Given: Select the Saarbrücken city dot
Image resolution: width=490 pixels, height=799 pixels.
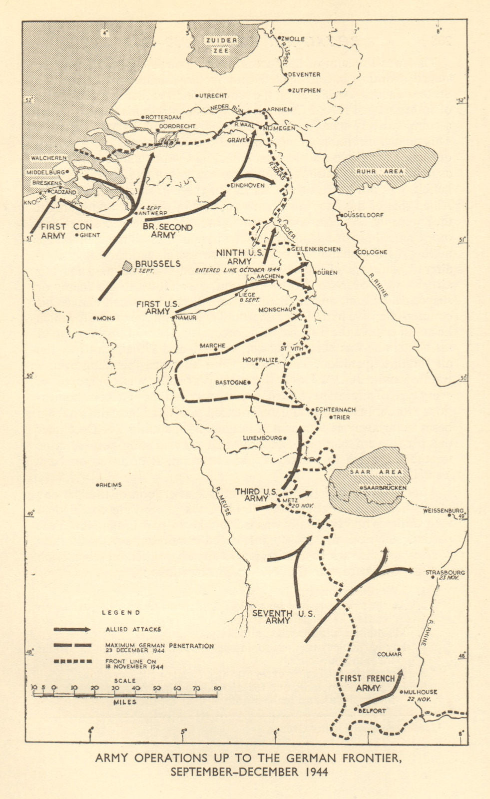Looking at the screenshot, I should click(361, 487).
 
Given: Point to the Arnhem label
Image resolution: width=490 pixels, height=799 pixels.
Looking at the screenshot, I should click(280, 109).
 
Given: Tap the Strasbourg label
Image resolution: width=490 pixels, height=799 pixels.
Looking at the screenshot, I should click(445, 573).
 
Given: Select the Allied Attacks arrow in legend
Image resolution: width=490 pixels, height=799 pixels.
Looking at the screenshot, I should click(72, 630).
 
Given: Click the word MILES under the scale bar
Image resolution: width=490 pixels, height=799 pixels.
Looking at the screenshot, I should click(124, 702).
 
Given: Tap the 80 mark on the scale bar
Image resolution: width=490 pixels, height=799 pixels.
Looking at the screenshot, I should click(217, 689).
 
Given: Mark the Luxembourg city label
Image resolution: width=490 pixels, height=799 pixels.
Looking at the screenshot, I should click(262, 437).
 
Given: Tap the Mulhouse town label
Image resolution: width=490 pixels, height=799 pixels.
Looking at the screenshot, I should click(421, 692).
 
